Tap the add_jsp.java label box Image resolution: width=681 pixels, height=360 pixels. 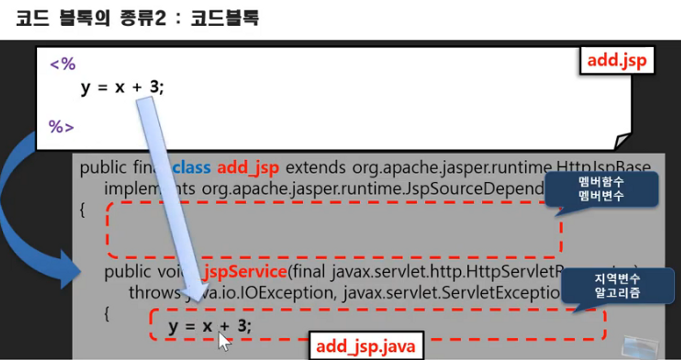point(366,346)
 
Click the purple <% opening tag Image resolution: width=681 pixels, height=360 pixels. point(63,64)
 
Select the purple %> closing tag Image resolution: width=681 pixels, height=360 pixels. point(61,127)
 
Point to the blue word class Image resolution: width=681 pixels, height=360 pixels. point(191,168)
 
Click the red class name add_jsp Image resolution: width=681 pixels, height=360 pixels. point(248,168)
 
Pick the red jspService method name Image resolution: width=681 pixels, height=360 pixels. point(245,272)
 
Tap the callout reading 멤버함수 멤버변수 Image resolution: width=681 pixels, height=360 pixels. point(601,189)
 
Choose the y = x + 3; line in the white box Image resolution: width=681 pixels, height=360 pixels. point(122,87)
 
